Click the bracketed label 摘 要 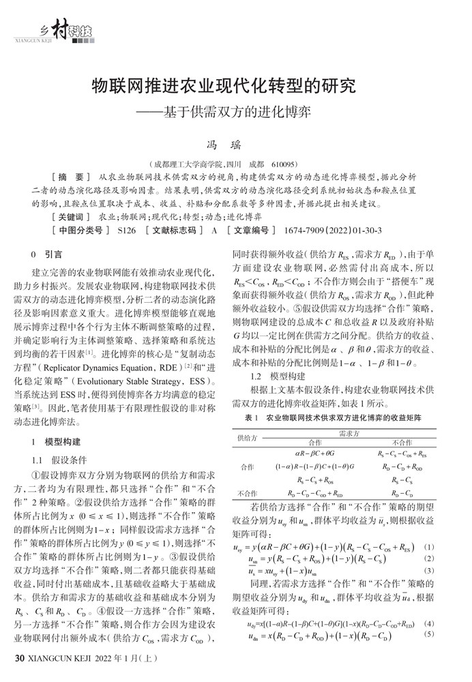pos(70,177)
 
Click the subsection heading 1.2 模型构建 pos(274,376)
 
